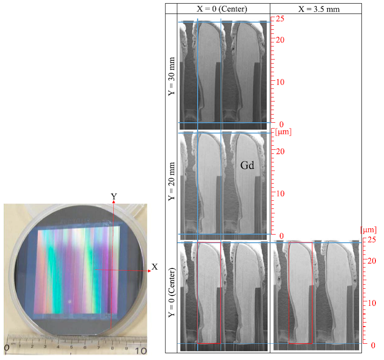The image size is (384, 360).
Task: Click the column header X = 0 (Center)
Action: [222, 9]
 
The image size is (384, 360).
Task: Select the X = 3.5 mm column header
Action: [319, 9]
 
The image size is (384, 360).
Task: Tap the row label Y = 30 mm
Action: [172, 76]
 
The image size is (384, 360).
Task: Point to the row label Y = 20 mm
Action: [172, 181]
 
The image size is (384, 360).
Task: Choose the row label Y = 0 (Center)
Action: [172, 292]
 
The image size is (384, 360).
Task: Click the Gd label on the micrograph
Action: [247, 166]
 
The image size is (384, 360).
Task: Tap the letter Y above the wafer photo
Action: [114, 196]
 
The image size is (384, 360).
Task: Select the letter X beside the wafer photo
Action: [155, 267]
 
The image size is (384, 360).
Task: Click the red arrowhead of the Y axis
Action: [114, 202]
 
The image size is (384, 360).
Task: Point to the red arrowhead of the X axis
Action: [149, 271]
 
